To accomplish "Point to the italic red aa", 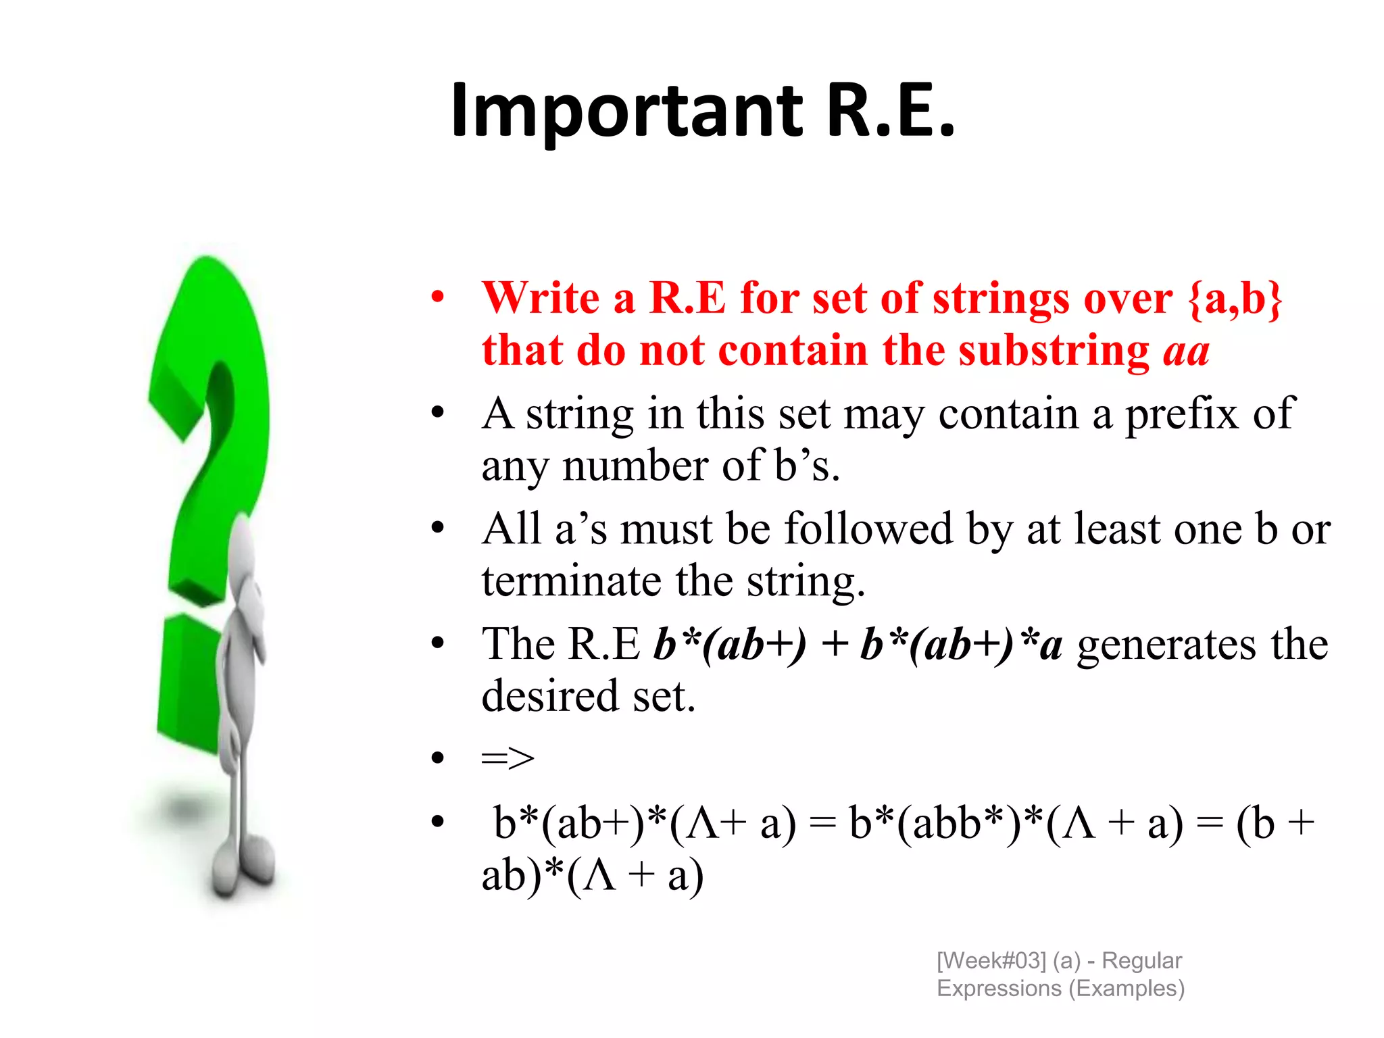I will click(x=1186, y=351).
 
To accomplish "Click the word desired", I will click(x=549, y=696).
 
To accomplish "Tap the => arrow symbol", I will click(x=508, y=758).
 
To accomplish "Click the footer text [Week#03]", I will click(x=991, y=960).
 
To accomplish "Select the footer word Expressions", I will click(x=998, y=988).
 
